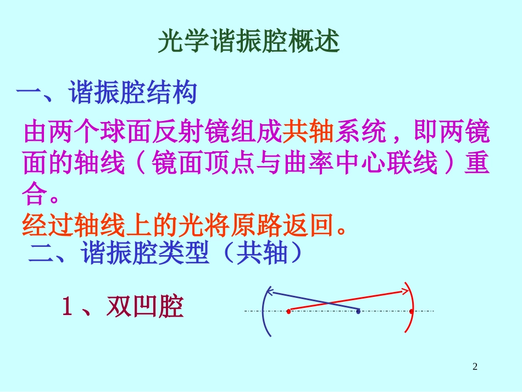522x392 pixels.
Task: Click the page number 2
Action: coord(475,367)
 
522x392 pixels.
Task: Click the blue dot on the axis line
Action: coord(358,311)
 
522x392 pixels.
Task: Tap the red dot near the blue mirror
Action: coord(288,311)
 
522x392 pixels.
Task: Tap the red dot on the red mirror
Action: coord(412,311)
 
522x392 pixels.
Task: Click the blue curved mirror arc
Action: coord(263,311)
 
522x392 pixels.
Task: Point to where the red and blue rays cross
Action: coord(329,302)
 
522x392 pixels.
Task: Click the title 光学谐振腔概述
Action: coord(249,42)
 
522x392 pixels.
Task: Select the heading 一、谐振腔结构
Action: coord(107,93)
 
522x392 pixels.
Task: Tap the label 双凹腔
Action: coord(144,307)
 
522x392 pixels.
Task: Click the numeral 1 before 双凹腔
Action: coord(67,307)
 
